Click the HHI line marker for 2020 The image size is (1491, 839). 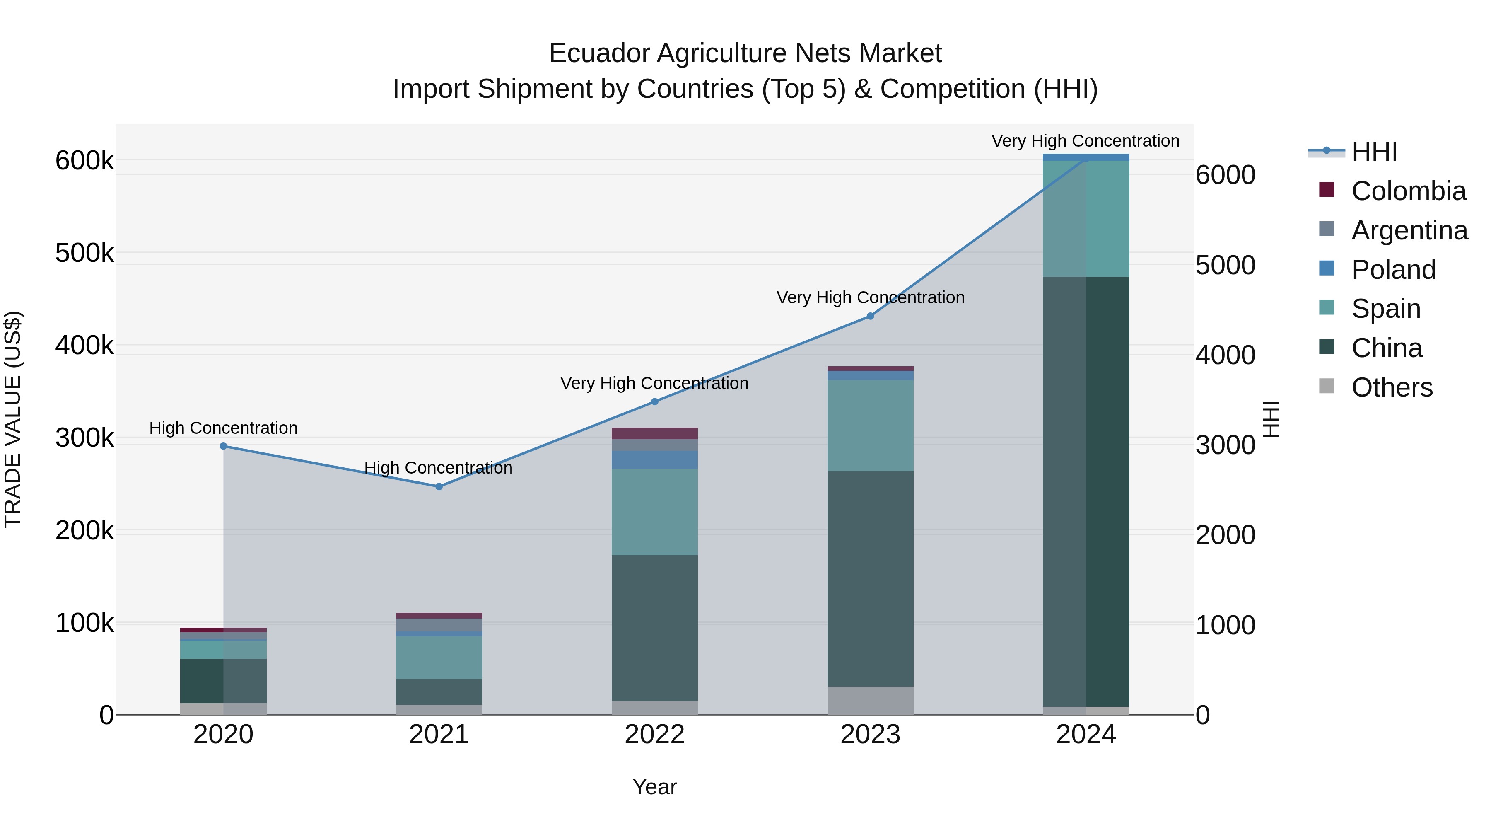[x=223, y=446]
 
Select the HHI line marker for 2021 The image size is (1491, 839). [x=439, y=486]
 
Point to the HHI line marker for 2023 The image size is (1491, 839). [x=870, y=316]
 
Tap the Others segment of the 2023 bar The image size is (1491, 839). [x=870, y=700]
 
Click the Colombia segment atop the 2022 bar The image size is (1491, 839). [x=655, y=433]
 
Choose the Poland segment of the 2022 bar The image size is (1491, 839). [x=655, y=460]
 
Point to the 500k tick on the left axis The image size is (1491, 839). [x=84, y=253]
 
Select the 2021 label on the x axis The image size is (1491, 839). [x=439, y=735]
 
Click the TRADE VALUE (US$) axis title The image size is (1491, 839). [x=13, y=419]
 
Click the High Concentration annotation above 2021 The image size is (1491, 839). [x=438, y=467]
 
